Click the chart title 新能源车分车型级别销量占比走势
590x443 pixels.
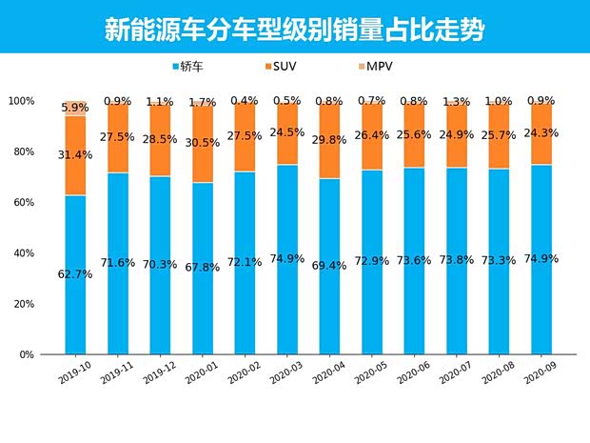(294, 29)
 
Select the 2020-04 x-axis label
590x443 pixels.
(324, 373)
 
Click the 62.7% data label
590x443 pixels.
(75, 274)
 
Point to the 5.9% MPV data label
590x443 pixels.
(75, 108)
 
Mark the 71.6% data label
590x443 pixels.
(117, 263)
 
